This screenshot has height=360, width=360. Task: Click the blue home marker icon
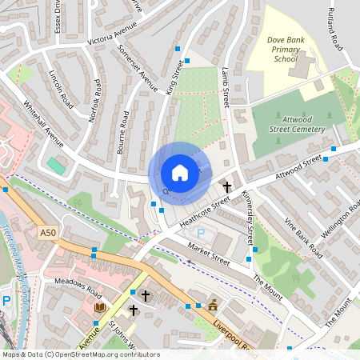pos(180,173)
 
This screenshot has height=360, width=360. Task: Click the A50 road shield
pos(48,232)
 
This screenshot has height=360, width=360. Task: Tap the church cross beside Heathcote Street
pos(227,186)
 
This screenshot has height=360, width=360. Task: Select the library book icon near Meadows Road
pos(100,307)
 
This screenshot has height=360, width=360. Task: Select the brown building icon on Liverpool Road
pos(213,306)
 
